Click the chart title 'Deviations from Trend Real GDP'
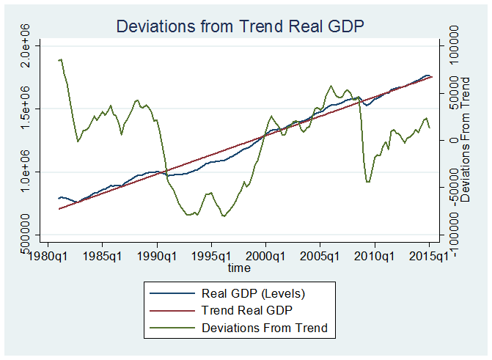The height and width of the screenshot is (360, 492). point(241,28)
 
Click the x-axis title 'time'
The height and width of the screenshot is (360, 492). point(239,268)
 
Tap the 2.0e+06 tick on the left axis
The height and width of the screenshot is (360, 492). point(24,45)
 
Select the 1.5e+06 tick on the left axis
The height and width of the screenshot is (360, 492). point(24,109)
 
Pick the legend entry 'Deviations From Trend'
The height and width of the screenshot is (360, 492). point(264,327)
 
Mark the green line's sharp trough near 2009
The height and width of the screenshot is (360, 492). point(367,182)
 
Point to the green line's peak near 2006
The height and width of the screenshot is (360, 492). point(331,86)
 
